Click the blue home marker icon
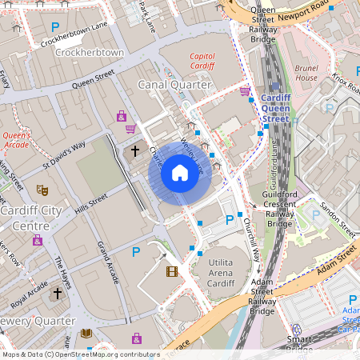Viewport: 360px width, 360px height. click(x=180, y=173)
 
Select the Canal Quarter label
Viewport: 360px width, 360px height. click(x=174, y=84)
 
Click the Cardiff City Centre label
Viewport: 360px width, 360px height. click(x=31, y=218)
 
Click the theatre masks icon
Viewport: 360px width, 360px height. click(x=42, y=190)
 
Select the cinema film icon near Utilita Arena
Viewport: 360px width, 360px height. click(x=172, y=271)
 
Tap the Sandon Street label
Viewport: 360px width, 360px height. click(x=337, y=216)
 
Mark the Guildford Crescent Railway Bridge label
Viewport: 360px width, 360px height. click(x=279, y=204)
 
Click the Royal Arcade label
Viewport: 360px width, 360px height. click(x=30, y=294)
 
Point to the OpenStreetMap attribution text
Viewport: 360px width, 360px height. click(x=80, y=354)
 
